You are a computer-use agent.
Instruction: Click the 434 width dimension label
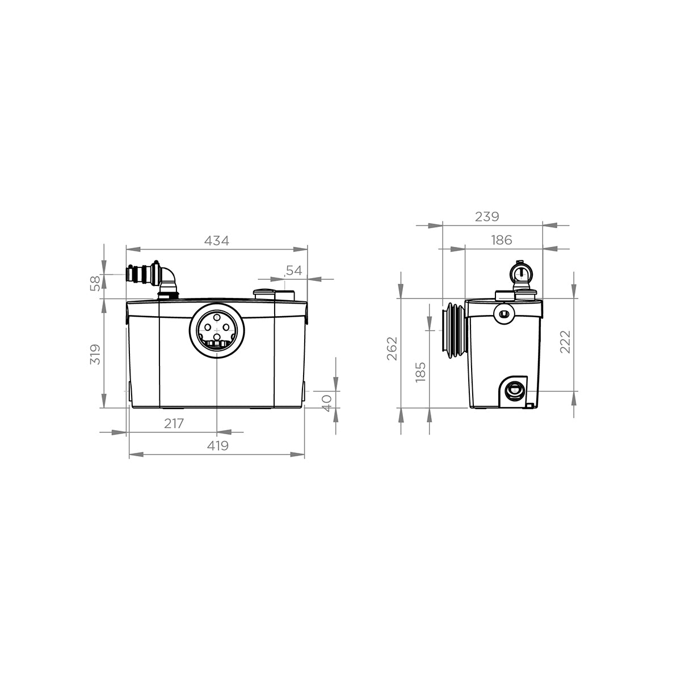tap(216, 241)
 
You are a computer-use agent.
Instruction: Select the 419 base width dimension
tap(217, 446)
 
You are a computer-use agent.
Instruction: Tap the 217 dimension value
tap(174, 423)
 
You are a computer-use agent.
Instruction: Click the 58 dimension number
tap(95, 282)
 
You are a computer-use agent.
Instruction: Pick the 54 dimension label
tap(293, 271)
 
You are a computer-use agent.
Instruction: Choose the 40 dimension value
tap(326, 399)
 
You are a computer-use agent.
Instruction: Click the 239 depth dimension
tap(486, 217)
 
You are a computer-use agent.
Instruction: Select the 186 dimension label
tap(500, 240)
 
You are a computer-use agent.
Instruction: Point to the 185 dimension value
tap(421, 372)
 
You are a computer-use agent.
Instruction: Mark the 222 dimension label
tap(565, 341)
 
